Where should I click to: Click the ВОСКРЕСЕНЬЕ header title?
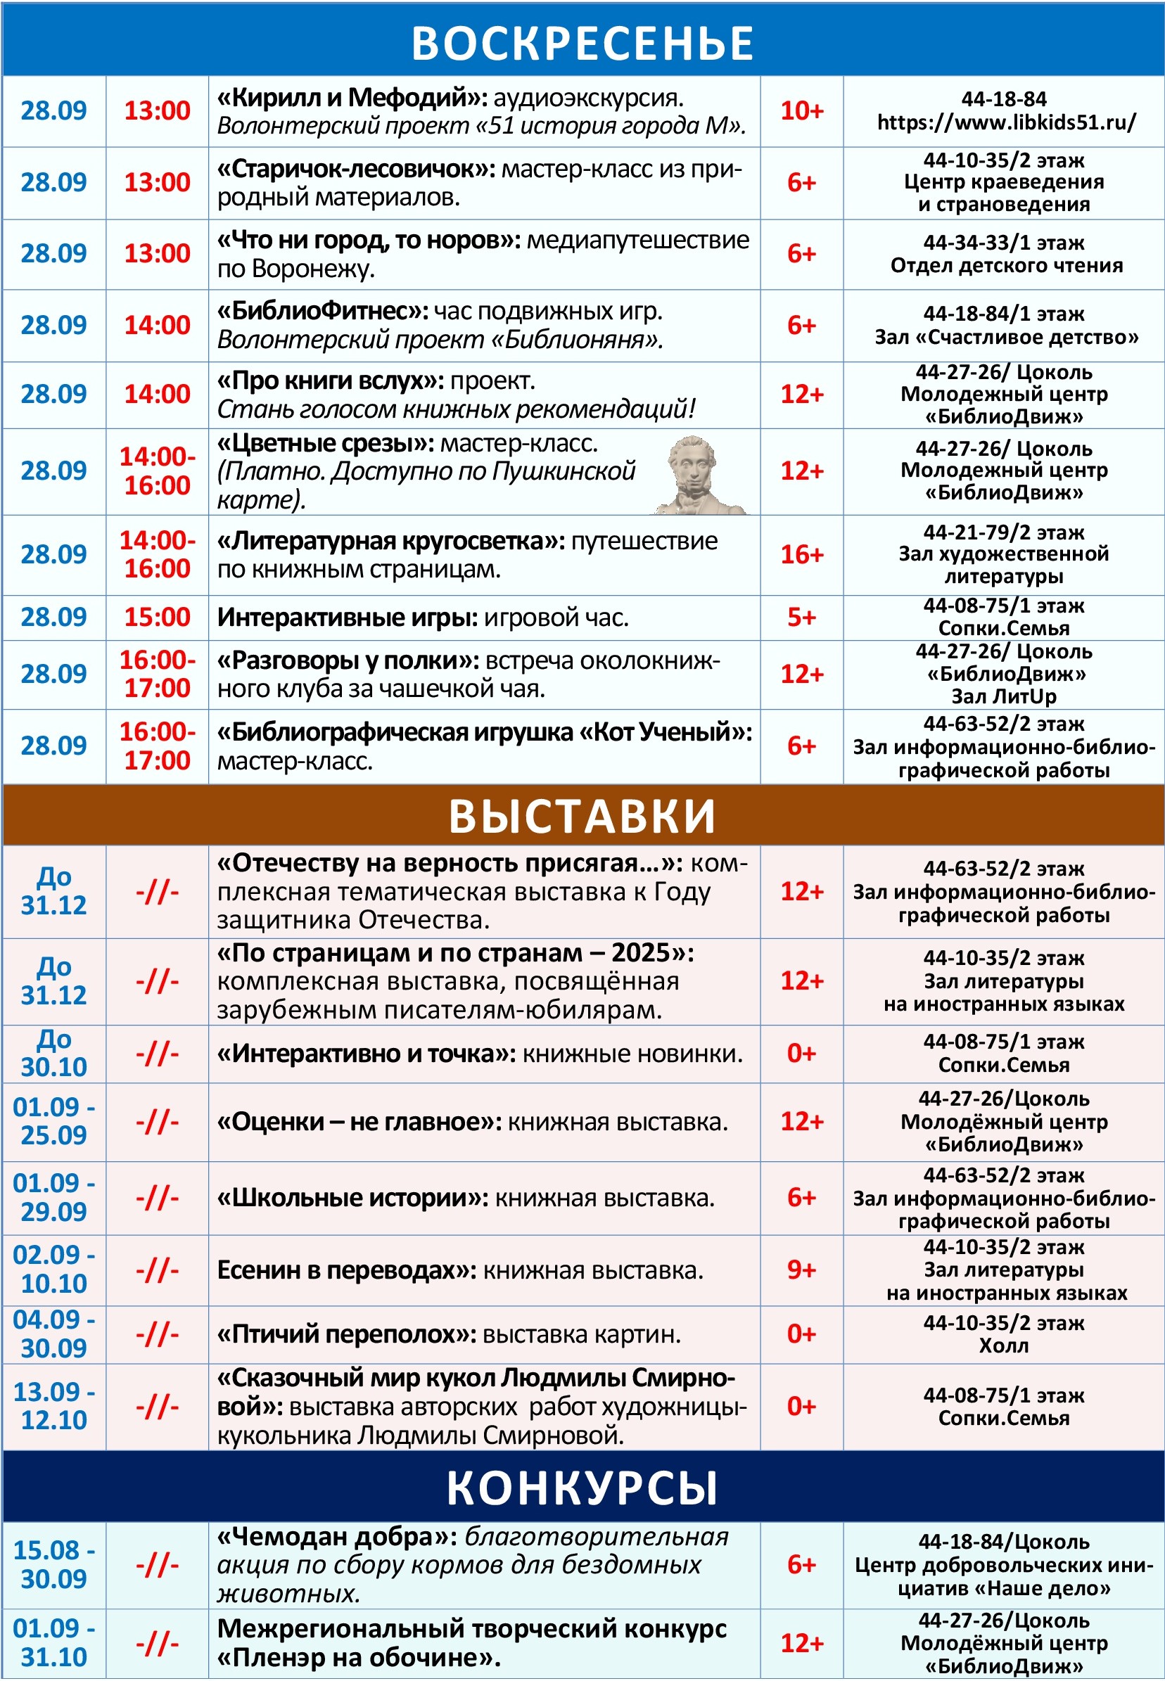click(x=582, y=42)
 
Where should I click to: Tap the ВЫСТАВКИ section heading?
click(x=582, y=815)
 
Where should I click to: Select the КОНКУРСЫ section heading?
click(x=582, y=1488)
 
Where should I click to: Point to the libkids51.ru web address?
click(x=1006, y=122)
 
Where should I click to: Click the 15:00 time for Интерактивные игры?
click(x=157, y=618)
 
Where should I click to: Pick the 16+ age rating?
click(x=801, y=554)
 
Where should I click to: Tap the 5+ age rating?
click(x=801, y=618)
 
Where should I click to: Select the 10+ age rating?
click(x=801, y=110)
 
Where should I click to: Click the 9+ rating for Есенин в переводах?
click(x=801, y=1270)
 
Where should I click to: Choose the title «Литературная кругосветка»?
click(x=390, y=541)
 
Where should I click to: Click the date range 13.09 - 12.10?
click(x=54, y=1405)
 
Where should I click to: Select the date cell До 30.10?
click(x=54, y=1053)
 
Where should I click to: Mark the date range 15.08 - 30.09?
click(x=54, y=1564)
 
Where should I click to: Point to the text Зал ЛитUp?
click(x=1004, y=696)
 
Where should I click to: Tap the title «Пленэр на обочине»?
click(x=358, y=1658)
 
